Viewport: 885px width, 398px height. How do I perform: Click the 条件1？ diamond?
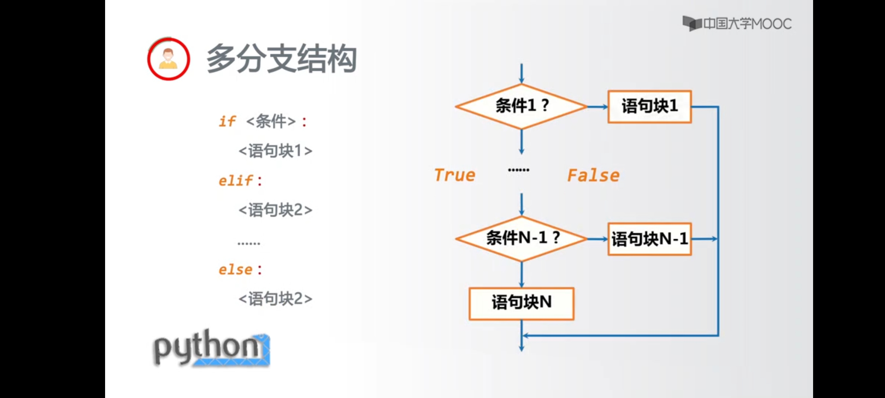click(x=521, y=106)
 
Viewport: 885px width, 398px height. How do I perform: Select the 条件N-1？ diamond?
click(x=521, y=238)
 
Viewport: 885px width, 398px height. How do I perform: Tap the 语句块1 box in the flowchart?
click(x=649, y=106)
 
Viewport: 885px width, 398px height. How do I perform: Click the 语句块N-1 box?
click(x=649, y=239)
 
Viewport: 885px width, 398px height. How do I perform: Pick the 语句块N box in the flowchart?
click(x=521, y=303)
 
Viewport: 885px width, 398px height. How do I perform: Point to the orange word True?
click(x=455, y=175)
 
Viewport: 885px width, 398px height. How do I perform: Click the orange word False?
click(x=593, y=175)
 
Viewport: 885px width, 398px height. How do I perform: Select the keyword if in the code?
click(x=227, y=121)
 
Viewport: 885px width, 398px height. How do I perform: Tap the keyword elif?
click(x=236, y=181)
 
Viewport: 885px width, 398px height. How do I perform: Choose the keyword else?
click(x=236, y=269)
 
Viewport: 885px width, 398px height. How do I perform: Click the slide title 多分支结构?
click(x=281, y=59)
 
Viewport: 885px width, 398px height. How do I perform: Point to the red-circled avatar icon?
click(x=169, y=59)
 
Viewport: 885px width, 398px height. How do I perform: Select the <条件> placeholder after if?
click(x=271, y=121)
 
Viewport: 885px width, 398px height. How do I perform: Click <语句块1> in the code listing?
click(x=275, y=151)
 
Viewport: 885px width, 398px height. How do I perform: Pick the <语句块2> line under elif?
click(x=275, y=210)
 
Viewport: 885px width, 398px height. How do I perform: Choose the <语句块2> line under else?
click(x=275, y=298)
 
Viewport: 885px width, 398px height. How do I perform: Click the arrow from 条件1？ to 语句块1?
click(x=597, y=107)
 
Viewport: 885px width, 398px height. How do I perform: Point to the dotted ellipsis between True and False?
click(x=518, y=170)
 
